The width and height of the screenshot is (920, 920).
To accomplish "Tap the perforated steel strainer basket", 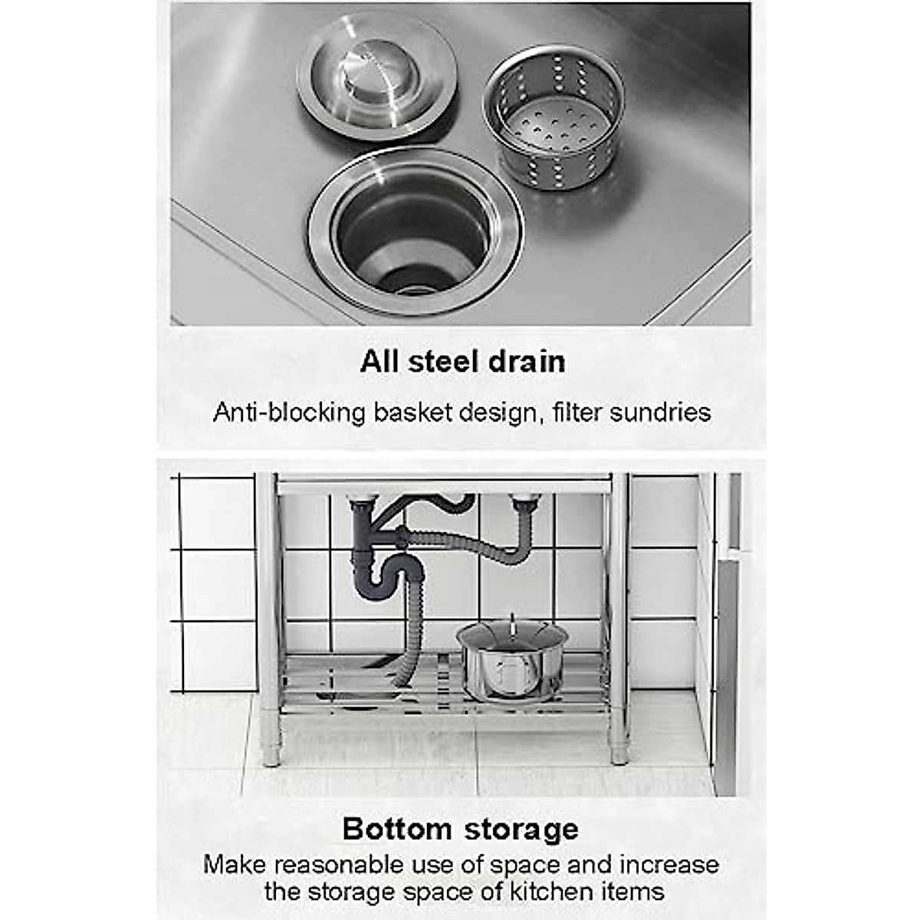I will click(x=554, y=119).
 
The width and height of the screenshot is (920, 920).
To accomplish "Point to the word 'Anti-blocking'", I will click(x=289, y=412).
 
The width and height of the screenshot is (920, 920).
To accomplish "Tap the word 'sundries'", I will click(x=660, y=412).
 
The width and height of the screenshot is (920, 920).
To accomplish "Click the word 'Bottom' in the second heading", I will click(x=397, y=829).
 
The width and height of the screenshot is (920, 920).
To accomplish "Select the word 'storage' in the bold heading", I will click(x=521, y=829).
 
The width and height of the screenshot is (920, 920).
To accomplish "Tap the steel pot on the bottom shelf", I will click(x=511, y=663).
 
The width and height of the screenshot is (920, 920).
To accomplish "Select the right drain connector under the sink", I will click(x=524, y=505).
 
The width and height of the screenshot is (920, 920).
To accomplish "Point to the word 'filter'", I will click(x=577, y=412).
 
